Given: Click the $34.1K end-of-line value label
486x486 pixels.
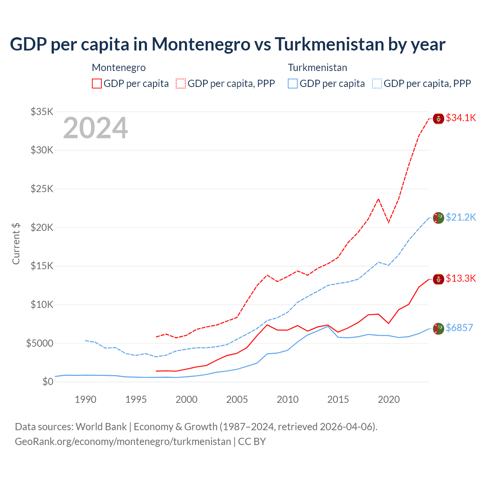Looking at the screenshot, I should pos(461,118).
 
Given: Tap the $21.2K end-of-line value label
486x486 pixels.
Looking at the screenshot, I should pos(461,217).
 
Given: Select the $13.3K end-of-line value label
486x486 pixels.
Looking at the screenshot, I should pos(461,278).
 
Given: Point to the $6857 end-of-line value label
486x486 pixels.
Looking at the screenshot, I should pos(459,328).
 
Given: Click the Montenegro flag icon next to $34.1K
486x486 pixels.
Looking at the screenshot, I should pos(439,118).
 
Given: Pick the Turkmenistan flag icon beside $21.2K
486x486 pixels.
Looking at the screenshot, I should pos(439,218).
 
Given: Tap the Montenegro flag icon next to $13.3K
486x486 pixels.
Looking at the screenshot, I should pos(439,279).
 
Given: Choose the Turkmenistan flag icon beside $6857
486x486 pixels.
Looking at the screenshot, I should pos(439,328).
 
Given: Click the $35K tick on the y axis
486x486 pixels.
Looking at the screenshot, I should pos(42,112).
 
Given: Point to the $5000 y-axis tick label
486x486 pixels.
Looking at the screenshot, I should pos(39,343).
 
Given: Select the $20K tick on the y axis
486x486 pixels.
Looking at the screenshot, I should pos(42,227).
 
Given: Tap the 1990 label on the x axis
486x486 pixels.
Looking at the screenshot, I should pos(85,399).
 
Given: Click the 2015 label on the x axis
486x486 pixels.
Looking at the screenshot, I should pos(338,399).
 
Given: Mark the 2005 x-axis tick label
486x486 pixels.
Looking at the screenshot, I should pos(237,399).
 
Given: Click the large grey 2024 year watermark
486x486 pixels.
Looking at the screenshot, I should pos(95,128).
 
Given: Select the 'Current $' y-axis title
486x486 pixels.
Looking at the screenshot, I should pos(16,244).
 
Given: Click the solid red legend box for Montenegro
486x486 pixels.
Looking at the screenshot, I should pos(97,84).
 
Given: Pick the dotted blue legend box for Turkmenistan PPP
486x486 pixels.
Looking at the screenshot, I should pos(377,84).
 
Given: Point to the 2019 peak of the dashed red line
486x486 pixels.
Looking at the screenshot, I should pos(378,199).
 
